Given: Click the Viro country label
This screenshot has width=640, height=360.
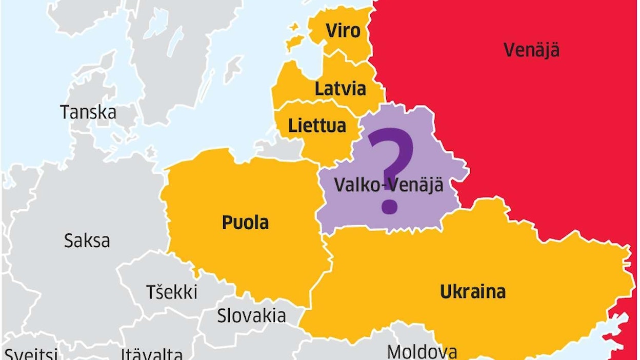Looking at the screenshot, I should click(343, 31).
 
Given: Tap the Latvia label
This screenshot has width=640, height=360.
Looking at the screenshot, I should click(341, 89).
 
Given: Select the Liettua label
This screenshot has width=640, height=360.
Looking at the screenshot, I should click(317, 126).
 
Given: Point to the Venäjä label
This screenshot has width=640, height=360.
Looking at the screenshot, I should click(531, 50).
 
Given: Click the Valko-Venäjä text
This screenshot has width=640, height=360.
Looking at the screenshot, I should click(388, 185).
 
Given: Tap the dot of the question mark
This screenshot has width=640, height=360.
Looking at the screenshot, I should click(390, 205).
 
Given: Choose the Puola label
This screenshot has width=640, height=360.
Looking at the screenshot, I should click(245, 223).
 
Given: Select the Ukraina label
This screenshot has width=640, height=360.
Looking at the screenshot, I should click(472, 291).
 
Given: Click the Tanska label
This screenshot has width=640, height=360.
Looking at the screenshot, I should click(88, 112).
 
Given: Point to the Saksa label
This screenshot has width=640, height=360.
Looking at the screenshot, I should click(87, 241).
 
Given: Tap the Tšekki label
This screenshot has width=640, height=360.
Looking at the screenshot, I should click(172, 292).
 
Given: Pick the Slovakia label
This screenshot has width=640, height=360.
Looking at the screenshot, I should click(251, 315).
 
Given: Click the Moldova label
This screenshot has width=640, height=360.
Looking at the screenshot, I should click(422, 352).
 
